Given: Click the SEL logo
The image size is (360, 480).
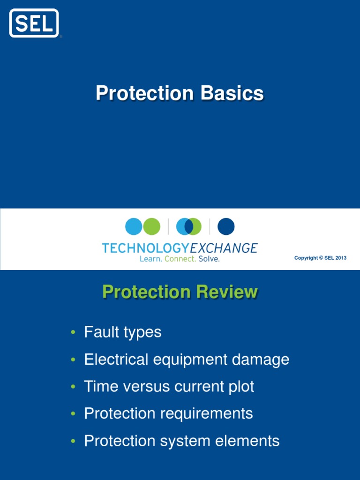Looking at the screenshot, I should pyautogui.click(x=34, y=23).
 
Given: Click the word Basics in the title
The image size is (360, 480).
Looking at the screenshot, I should pyautogui.click(x=232, y=93).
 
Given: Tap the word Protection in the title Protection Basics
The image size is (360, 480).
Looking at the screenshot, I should pyautogui.click(x=144, y=93).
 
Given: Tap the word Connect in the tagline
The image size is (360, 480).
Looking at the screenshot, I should pyautogui.click(x=180, y=259).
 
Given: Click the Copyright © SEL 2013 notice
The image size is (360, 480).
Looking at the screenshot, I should pyautogui.click(x=320, y=258).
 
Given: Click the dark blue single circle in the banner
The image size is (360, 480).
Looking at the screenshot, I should pyautogui.click(x=226, y=227).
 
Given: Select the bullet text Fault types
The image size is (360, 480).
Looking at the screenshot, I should pyautogui.click(x=123, y=332).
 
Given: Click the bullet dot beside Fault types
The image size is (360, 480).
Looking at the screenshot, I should pyautogui.click(x=73, y=333).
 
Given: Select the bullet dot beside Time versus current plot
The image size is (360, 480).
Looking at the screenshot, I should pyautogui.click(x=73, y=387).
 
